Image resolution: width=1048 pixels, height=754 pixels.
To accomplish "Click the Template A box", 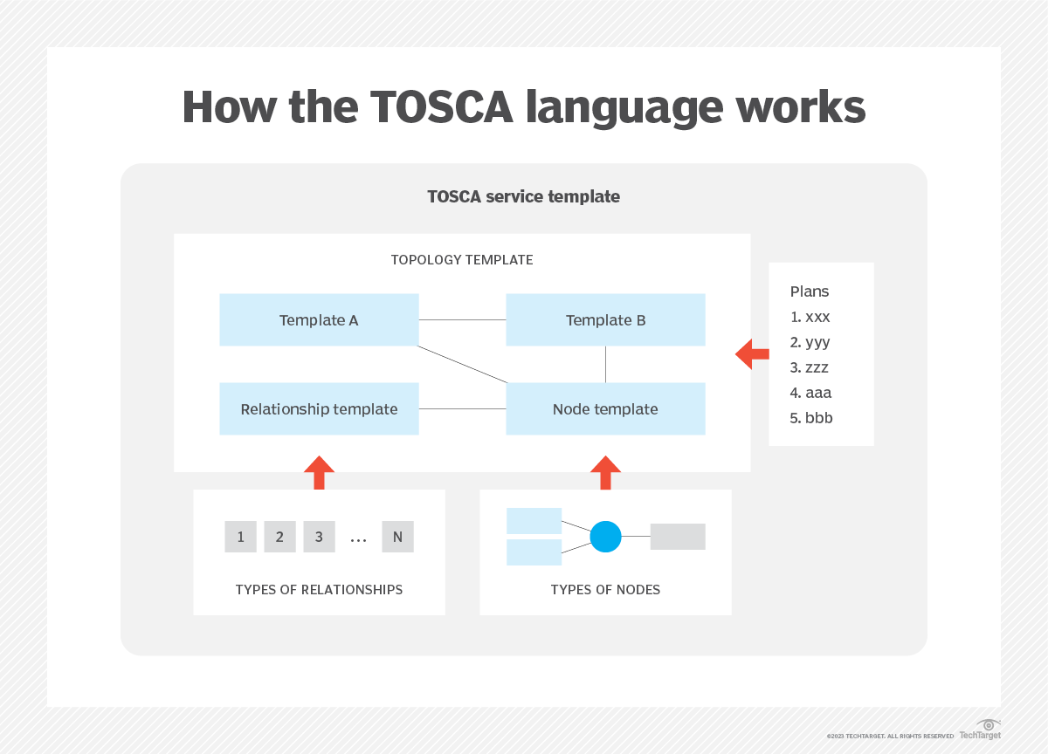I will click(x=319, y=320).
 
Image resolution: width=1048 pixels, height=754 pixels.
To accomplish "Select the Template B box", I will click(x=605, y=320).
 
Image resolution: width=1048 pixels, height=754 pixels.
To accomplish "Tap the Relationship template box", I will click(x=319, y=409).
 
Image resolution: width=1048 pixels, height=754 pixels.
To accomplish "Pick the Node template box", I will click(x=605, y=409).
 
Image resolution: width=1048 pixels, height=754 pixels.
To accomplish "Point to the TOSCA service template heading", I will click(x=523, y=196).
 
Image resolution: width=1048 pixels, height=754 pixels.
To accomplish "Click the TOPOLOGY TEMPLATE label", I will click(x=461, y=260).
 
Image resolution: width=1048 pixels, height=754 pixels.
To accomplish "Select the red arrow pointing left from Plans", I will click(x=752, y=354).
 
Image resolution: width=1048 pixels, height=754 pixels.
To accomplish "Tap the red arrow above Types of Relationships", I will click(x=319, y=472).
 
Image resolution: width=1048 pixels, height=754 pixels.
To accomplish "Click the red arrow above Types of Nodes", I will click(x=605, y=472).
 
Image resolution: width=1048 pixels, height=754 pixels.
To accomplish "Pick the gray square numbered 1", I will click(x=240, y=537).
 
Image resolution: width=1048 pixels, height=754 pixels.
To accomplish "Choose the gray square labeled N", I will click(x=397, y=537).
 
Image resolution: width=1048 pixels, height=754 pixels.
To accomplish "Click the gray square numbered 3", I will click(x=319, y=537).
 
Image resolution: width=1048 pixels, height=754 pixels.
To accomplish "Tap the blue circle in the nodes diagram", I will click(x=605, y=537).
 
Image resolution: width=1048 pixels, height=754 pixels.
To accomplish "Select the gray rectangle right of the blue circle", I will click(x=678, y=537).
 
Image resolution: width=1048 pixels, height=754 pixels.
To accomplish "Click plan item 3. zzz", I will click(x=810, y=367).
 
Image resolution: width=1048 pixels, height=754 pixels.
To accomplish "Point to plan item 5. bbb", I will click(x=810, y=418).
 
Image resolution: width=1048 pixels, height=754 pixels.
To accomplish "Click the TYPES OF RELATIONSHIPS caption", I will click(x=319, y=590).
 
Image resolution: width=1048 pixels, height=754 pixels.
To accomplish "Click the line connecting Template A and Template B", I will click(x=462, y=320).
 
